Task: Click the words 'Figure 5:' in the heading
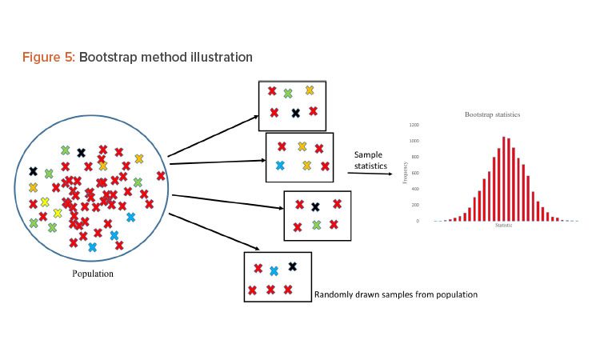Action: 47,58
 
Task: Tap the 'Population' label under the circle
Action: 93,274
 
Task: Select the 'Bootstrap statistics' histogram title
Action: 492,114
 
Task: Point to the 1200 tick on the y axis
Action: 414,126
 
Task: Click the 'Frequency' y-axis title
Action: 406,173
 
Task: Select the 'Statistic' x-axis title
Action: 503,226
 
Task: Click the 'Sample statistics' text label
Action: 370,160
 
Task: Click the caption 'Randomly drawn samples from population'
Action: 396,294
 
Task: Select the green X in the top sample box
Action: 288,94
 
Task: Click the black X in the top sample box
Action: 295,113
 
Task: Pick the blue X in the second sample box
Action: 280,166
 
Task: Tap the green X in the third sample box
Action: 316,226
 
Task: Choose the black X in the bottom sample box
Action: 292,266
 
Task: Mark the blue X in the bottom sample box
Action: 274,271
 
